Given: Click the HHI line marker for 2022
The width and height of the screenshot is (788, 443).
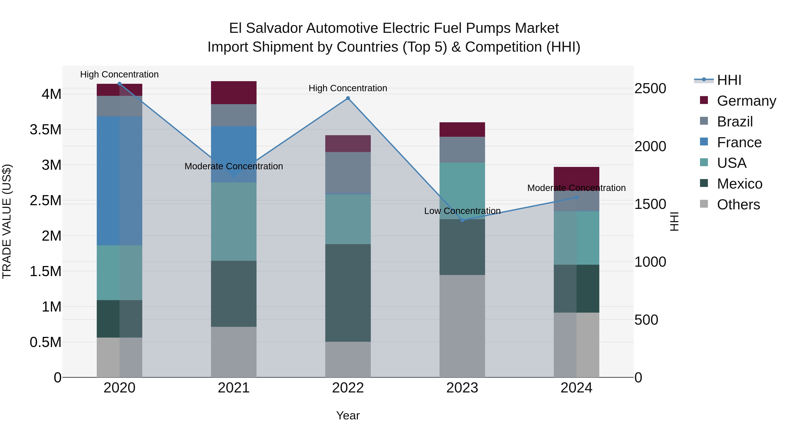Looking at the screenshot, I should click(x=348, y=98).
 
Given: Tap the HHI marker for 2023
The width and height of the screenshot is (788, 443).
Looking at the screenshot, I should click(x=462, y=220).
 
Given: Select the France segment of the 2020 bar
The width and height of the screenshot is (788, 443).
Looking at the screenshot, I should click(x=119, y=180).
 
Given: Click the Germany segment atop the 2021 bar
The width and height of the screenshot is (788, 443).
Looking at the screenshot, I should click(x=234, y=93).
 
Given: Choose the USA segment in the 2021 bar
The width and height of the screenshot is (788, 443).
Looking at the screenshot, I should click(x=234, y=221).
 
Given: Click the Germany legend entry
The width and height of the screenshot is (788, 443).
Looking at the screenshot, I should click(x=746, y=101).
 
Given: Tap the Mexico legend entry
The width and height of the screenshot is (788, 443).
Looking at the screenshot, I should click(x=739, y=184).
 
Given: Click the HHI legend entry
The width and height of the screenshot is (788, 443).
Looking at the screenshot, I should click(x=729, y=80).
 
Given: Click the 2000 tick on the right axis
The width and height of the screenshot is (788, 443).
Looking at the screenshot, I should click(x=650, y=146).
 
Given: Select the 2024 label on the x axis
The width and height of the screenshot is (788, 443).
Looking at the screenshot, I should click(x=576, y=388).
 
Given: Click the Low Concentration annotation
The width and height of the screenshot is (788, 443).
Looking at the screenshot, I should click(x=462, y=211).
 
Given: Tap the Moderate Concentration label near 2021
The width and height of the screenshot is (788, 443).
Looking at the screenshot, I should click(x=234, y=166).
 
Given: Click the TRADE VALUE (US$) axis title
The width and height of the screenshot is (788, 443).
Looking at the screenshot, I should click(x=7, y=221).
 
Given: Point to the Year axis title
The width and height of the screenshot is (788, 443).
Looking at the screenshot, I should click(x=348, y=415).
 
